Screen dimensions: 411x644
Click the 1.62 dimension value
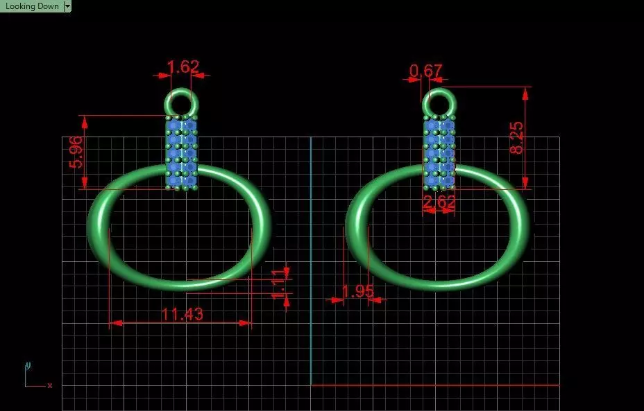pyautogui.click(x=183, y=67)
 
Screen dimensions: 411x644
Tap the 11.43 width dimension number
pyautogui.click(x=182, y=314)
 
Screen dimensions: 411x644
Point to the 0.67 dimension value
pyautogui.click(x=425, y=71)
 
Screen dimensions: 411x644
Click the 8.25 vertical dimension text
pyautogui.click(x=517, y=138)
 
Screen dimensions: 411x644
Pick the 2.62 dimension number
pyautogui.click(x=439, y=202)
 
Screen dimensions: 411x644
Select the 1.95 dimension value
pyautogui.click(x=357, y=291)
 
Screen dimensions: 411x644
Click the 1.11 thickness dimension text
pyautogui.click(x=278, y=283)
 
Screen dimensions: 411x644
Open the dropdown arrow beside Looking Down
pyautogui.click(x=67, y=6)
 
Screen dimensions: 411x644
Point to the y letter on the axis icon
pyautogui.click(x=28, y=365)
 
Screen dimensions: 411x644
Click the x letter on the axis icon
pyautogui.click(x=50, y=385)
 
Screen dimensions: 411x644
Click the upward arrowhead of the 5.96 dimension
pyautogui.click(x=85, y=122)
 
